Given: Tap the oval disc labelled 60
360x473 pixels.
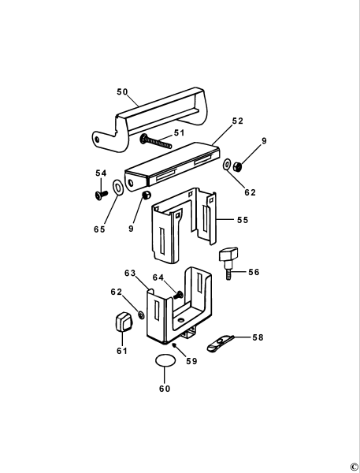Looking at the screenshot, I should tap(165, 361).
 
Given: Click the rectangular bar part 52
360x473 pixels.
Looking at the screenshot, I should tap(173, 162).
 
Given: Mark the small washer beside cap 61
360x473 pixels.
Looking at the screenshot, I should tap(142, 315).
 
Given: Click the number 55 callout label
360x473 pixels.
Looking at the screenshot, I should tap(242, 220).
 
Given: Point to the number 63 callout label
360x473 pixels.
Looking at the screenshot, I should tap(131, 273).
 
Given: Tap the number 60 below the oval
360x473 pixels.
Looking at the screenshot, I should tap(164, 388).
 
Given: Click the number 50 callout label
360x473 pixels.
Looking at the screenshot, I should tap(122, 92).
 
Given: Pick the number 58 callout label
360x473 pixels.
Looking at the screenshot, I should tap(258, 337).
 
